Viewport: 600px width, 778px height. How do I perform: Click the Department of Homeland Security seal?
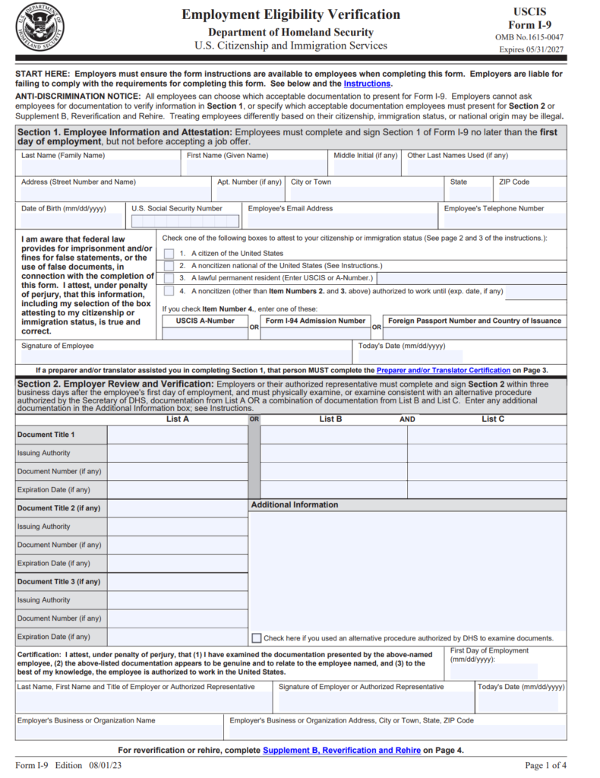pyautogui.click(x=39, y=29)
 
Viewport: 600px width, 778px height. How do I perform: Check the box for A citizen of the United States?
pyautogui.click(x=169, y=254)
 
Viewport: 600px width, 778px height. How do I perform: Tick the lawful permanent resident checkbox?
pyautogui.click(x=169, y=278)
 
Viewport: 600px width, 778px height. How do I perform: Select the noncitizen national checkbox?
pyautogui.click(x=169, y=266)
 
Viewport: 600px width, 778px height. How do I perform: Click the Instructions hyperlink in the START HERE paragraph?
pyautogui.click(x=367, y=84)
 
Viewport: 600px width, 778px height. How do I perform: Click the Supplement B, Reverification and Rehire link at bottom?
pyautogui.click(x=342, y=750)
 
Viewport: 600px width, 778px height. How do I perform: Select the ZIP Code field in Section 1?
pyautogui.click(x=532, y=194)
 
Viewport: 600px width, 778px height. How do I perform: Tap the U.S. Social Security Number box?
pyautogui.click(x=185, y=221)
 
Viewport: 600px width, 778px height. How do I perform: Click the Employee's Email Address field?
pyautogui.click(x=340, y=220)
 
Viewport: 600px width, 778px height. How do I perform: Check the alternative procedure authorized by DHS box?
pyautogui.click(x=257, y=638)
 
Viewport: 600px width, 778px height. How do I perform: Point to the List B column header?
pyautogui.click(x=330, y=419)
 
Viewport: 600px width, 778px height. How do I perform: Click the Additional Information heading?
pyautogui.click(x=295, y=504)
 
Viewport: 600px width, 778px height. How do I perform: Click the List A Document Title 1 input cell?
pyautogui.click(x=177, y=435)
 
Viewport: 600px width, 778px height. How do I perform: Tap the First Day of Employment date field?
pyautogui.click(x=494, y=671)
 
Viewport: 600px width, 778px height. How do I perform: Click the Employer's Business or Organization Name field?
pyautogui.click(x=119, y=731)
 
